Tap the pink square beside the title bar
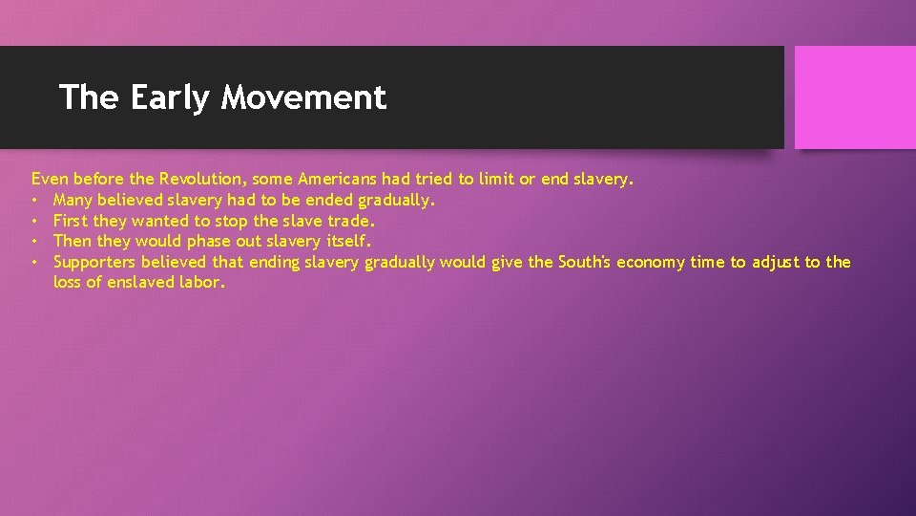coord(855,97)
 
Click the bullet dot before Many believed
coord(35,201)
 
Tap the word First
coord(71,221)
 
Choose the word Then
coord(73,241)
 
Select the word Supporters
coord(94,262)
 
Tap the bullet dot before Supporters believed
coord(35,263)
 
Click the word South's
coord(584,262)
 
